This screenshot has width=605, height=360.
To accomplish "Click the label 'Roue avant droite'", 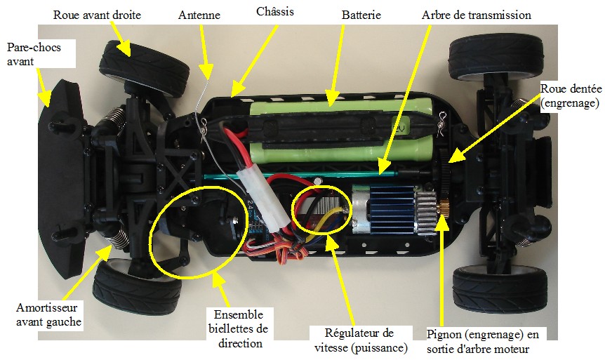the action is (97, 15).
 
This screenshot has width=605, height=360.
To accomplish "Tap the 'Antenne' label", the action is (199, 15).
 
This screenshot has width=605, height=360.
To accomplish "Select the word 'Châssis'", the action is (274, 11).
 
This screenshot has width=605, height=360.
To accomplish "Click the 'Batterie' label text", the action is (361, 15).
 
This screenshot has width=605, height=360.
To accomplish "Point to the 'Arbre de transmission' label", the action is (476, 15).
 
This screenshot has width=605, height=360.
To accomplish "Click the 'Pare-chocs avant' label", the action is (34, 55).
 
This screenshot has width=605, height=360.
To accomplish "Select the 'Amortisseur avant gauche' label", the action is (48, 314).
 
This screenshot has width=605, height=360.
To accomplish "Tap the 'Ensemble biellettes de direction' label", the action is (239, 328).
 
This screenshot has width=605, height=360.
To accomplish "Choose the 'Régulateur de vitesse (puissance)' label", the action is (361, 340).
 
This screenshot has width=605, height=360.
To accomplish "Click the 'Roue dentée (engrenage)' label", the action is (571, 95).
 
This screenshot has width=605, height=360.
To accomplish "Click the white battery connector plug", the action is (262, 197).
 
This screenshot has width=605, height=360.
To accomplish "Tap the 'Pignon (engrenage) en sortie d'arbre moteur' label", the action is (482, 342).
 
